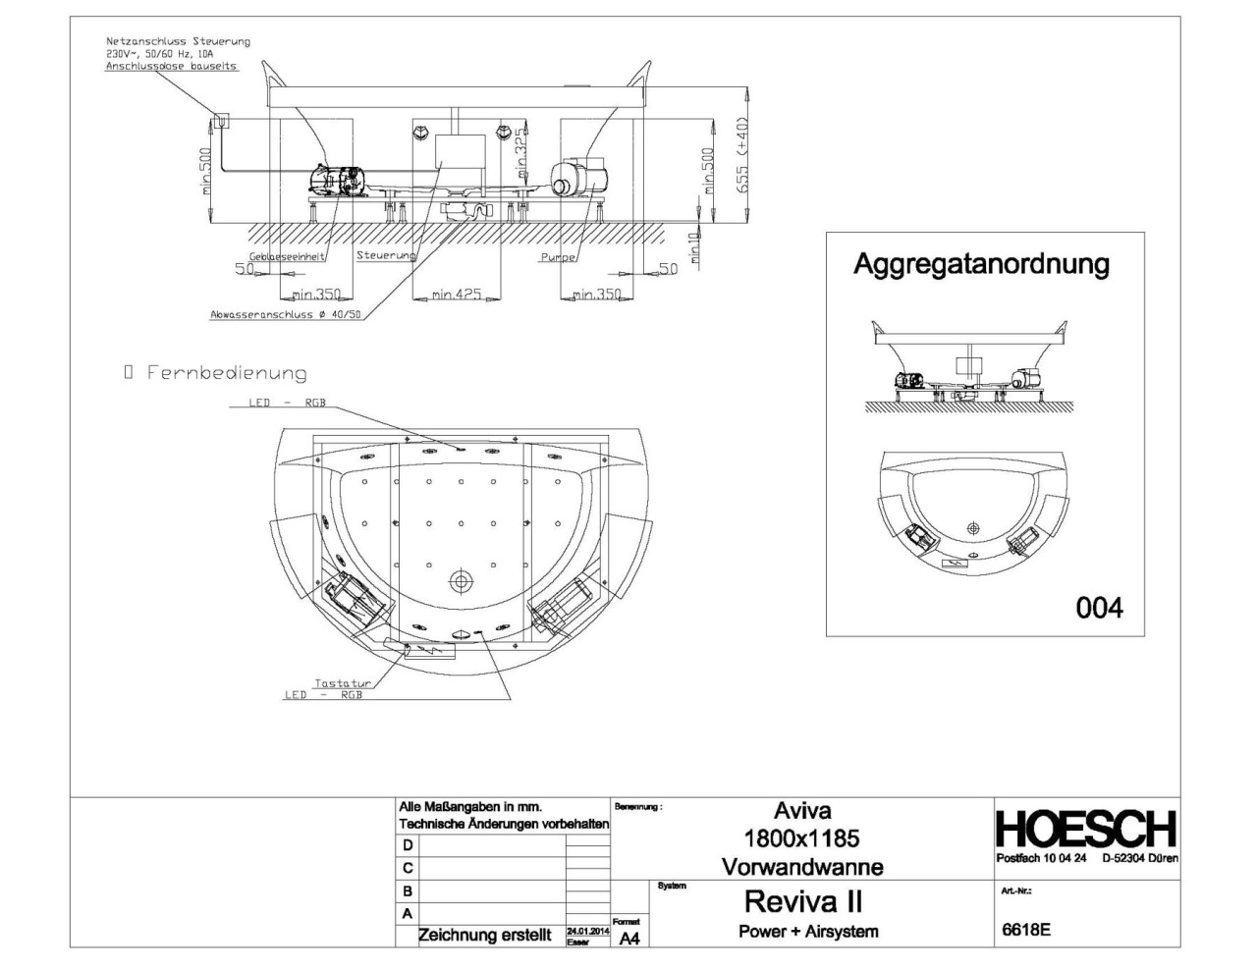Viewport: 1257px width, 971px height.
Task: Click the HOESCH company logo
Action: (1086, 829)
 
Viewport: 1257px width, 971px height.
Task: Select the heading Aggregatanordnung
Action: (981, 264)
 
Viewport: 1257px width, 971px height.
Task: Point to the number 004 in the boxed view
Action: (1099, 609)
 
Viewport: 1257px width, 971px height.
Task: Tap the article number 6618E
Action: (1025, 930)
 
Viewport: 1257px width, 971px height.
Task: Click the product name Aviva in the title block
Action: (802, 811)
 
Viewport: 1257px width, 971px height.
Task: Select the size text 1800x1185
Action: (802, 838)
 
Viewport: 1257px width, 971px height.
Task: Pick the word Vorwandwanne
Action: (802, 867)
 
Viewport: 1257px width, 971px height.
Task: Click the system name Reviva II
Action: (802, 901)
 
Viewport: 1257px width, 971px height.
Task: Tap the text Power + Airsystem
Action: (807, 931)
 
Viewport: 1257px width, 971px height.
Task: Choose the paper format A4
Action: (629, 939)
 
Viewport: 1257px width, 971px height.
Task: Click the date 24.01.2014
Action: (587, 931)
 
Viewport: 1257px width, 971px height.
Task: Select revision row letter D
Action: (408, 845)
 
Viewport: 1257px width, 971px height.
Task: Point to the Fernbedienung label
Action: (226, 373)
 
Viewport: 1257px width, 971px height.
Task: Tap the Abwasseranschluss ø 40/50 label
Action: (286, 315)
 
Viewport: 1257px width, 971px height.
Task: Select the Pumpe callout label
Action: (556, 257)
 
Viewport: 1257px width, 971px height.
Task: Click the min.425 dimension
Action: (456, 295)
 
